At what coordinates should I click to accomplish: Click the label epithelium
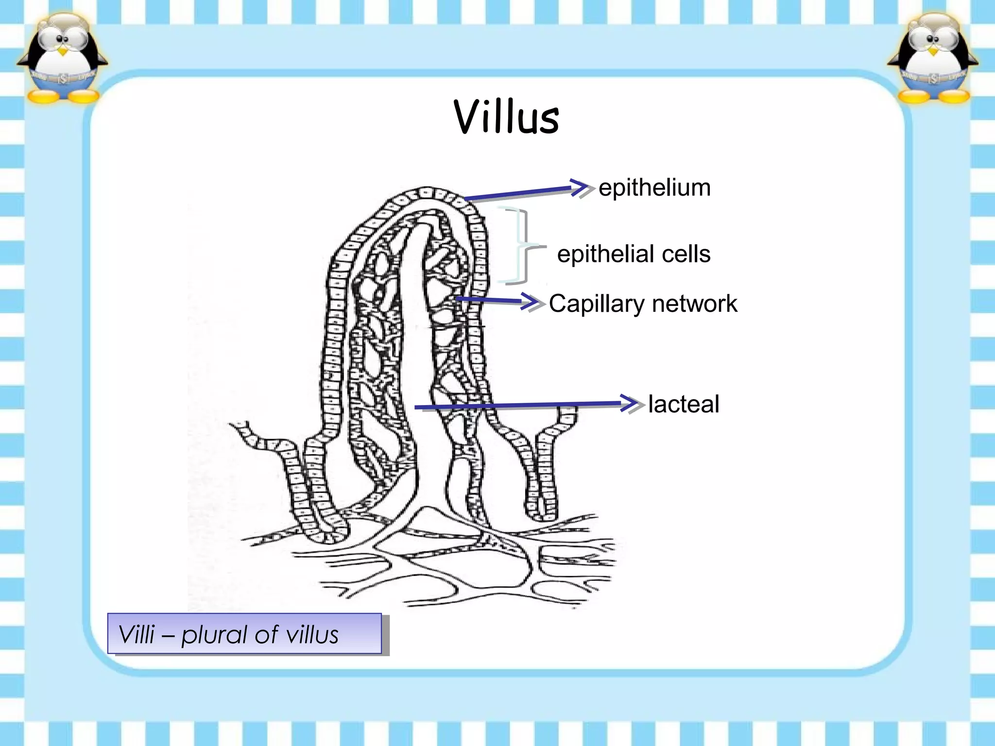point(654,188)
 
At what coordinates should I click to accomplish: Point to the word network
point(694,304)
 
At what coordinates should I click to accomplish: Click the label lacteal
point(684,404)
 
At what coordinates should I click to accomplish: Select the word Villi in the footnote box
point(137,634)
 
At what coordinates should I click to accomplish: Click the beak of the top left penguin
point(62,51)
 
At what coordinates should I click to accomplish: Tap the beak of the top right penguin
point(932,51)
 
